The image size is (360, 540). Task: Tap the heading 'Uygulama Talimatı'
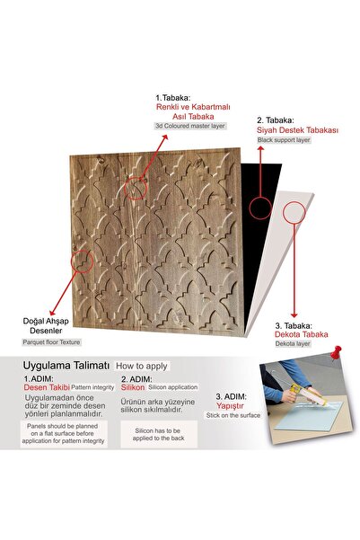[x=59, y=366]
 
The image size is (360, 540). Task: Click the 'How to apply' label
[x=138, y=367]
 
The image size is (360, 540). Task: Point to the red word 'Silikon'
[x=135, y=389]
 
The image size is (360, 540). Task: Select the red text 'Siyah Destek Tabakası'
[x=298, y=130]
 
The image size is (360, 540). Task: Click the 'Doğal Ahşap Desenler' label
[x=49, y=324]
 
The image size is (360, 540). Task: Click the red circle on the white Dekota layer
[x=294, y=213]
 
